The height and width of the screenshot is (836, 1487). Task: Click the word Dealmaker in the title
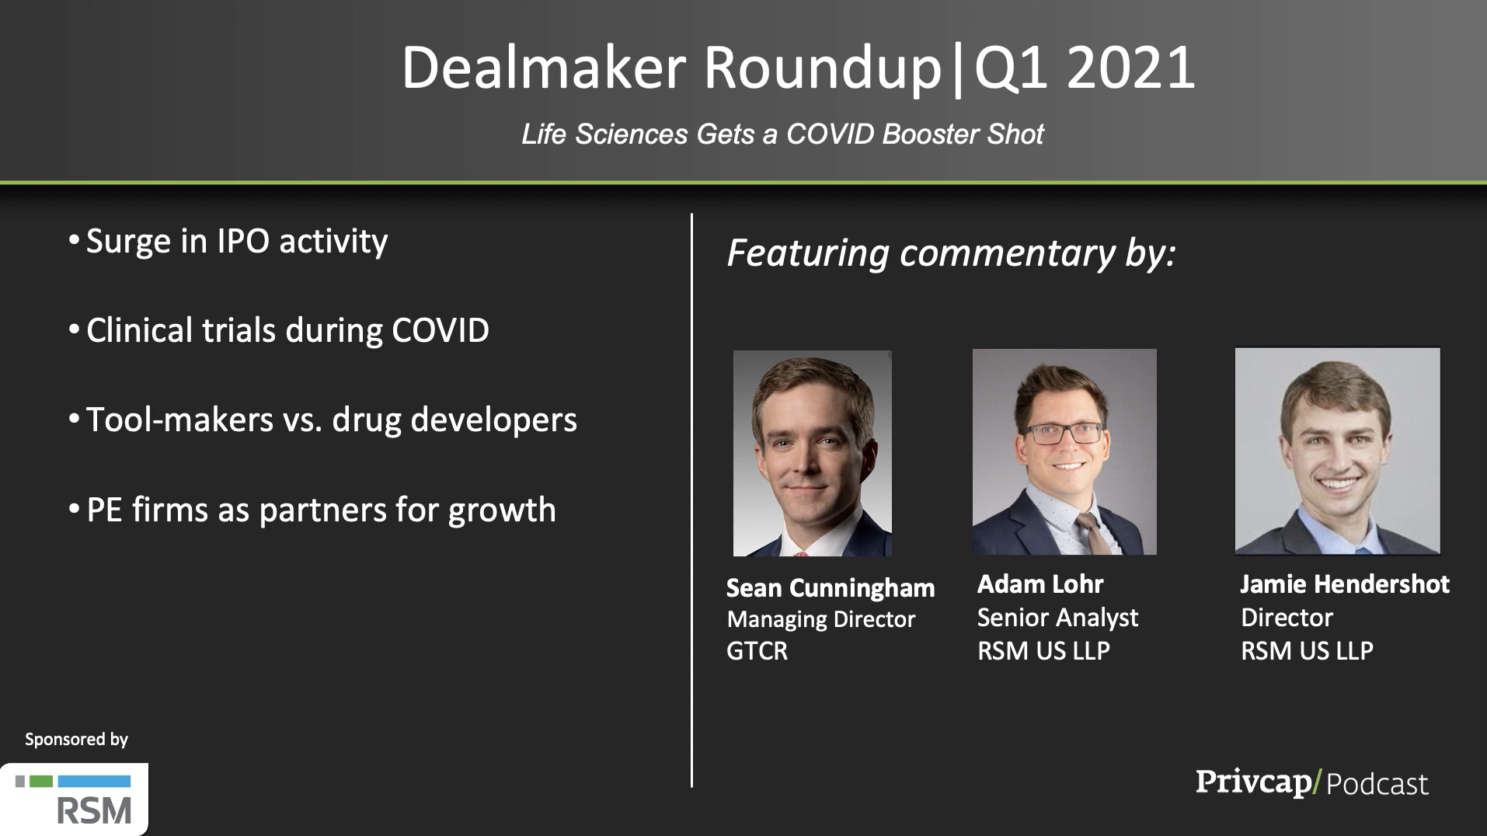point(544,68)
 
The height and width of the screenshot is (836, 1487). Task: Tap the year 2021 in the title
point(1130,68)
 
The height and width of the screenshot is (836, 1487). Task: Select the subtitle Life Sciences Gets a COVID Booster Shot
point(782,134)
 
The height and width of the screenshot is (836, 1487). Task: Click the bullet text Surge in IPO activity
point(237,242)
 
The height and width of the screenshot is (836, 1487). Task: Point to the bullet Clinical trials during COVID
point(287,330)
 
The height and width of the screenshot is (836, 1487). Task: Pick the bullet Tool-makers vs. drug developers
point(332,420)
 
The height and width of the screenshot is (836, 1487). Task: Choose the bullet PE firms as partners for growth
point(321,510)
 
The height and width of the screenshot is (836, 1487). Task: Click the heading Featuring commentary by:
point(952,254)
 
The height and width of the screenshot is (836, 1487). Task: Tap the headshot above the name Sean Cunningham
point(813,453)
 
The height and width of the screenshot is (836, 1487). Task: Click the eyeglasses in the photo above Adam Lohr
point(1064,434)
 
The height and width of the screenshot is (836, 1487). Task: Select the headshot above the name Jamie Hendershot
point(1338,451)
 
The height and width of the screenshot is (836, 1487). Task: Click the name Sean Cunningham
point(831,588)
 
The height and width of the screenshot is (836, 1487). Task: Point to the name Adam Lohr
point(1040,584)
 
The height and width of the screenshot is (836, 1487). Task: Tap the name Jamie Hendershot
point(1345,584)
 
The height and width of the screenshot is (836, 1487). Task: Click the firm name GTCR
point(757,651)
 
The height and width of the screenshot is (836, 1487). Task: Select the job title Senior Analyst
point(1057,618)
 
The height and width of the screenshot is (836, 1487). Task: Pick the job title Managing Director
point(821,620)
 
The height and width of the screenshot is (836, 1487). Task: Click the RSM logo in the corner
point(74,799)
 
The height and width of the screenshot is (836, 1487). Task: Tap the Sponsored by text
point(76,740)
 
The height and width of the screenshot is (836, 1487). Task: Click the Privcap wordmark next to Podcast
point(1254,782)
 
